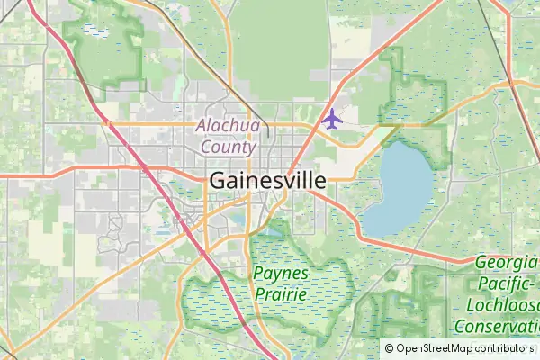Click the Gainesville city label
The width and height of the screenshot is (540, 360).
[267, 180]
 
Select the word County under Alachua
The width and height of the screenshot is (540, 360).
[229, 146]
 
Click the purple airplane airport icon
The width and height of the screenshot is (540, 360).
[332, 118]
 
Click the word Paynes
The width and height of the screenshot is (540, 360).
[281, 273]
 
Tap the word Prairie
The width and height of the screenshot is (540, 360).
[281, 292]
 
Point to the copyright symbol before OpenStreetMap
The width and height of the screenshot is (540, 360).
[390, 348]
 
